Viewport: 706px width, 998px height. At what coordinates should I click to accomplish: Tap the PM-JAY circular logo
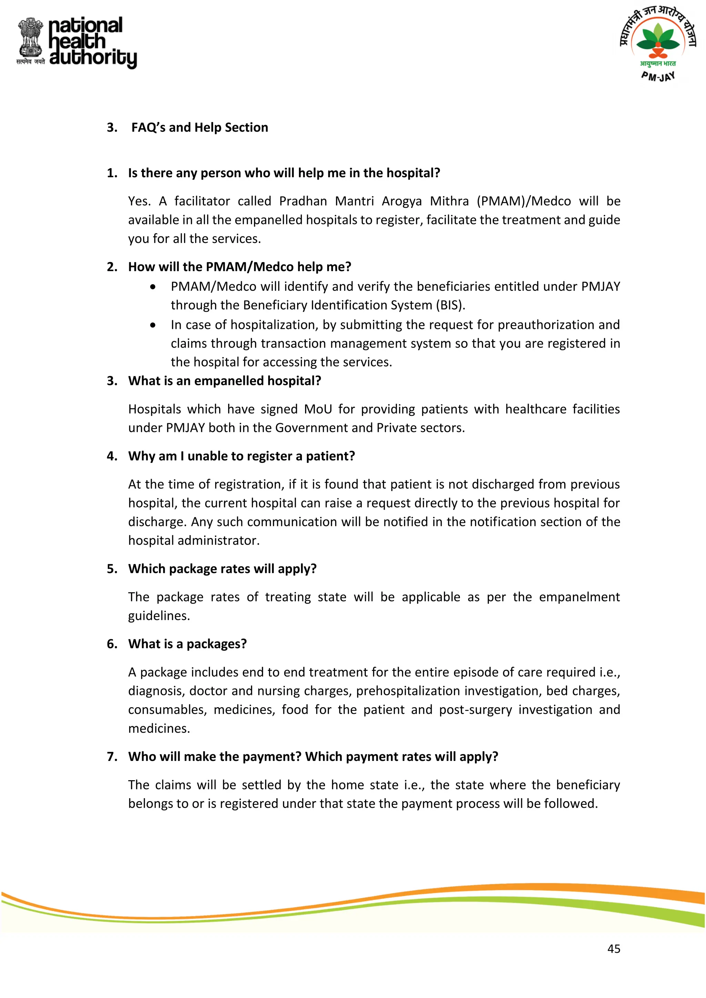pos(658,43)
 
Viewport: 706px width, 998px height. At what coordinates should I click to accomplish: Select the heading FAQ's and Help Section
pos(200,128)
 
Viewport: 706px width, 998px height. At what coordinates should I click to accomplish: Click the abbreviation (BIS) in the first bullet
pos(450,305)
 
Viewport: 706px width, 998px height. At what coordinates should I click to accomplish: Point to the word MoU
pos(317,409)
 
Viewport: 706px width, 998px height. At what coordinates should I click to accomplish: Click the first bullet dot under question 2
pos(153,287)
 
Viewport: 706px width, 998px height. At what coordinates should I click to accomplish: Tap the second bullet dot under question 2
pos(153,325)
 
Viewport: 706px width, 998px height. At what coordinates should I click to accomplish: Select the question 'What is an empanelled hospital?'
pos(224,381)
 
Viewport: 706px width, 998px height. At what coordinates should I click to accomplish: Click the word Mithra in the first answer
pos(449,201)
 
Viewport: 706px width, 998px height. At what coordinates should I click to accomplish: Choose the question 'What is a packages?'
pos(188,644)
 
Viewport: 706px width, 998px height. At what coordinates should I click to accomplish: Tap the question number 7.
pos(111,757)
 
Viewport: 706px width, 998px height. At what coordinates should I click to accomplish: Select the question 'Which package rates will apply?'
pos(222,569)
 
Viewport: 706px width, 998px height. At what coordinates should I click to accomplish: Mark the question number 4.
pos(111,456)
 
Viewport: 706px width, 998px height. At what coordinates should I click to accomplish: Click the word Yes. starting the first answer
pos(139,201)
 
